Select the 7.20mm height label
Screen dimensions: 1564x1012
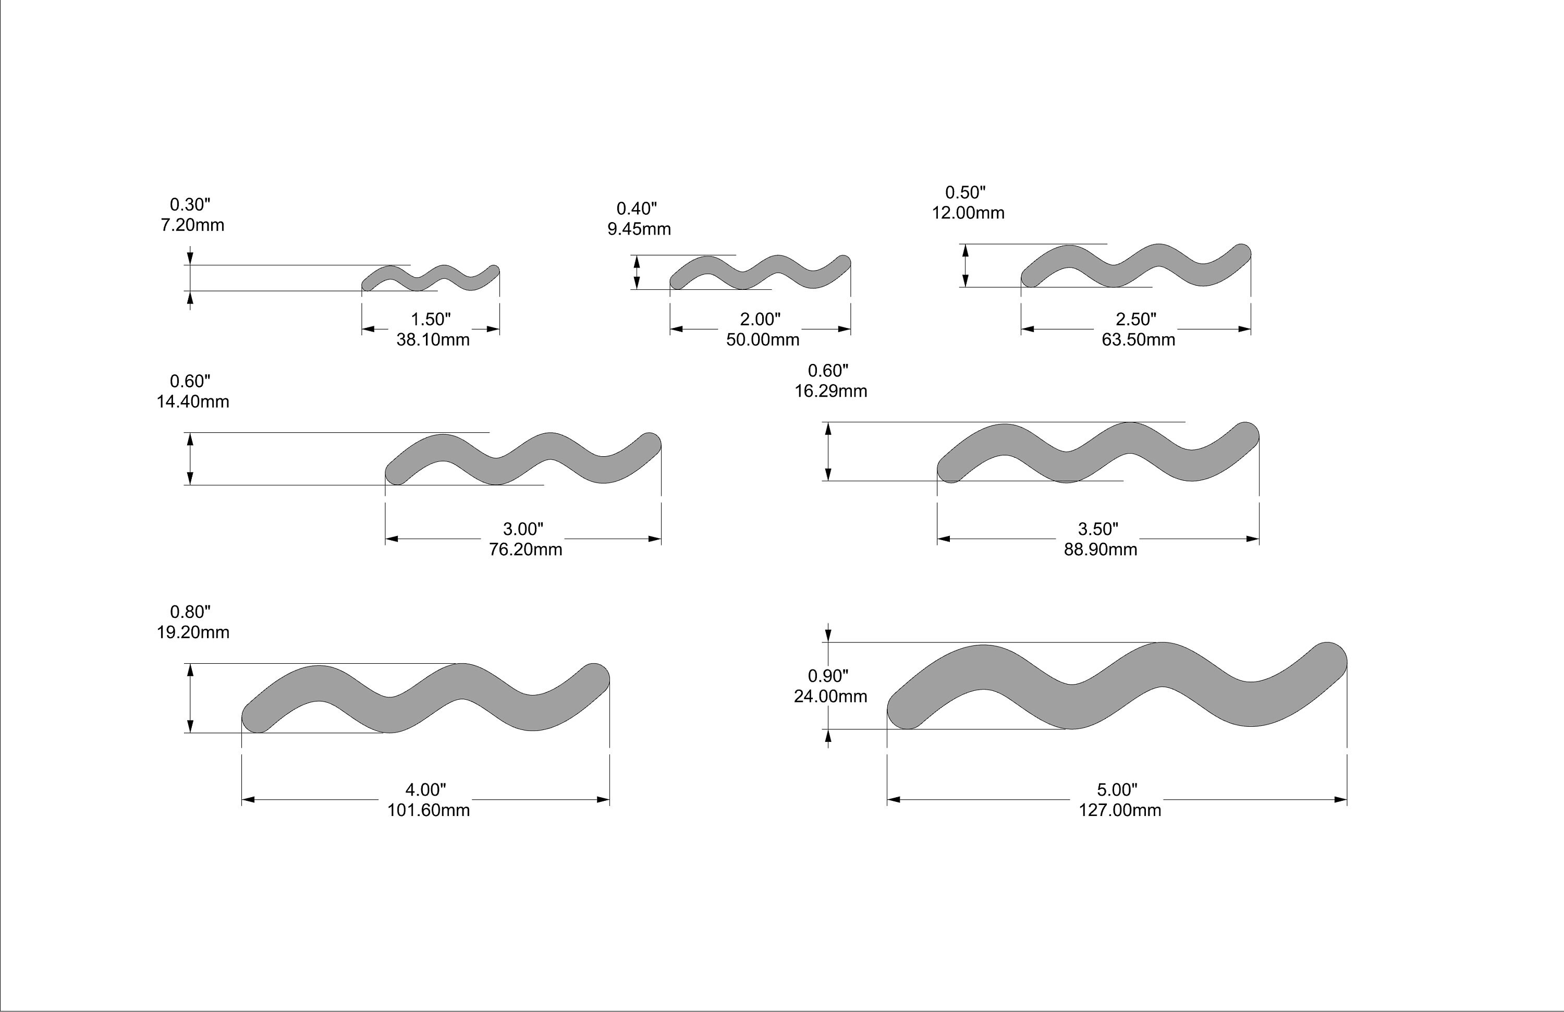pos(192,225)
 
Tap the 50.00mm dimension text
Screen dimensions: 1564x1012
pos(762,340)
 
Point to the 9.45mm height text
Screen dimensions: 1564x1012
pos(639,229)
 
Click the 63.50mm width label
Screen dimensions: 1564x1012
pos(1138,340)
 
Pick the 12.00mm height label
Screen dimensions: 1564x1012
pos(968,213)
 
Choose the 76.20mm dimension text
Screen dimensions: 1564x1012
pos(525,550)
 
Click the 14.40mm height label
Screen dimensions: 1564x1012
pos(192,401)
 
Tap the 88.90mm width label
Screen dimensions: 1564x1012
pos(1100,550)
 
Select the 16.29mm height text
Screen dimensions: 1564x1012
pos(830,391)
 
